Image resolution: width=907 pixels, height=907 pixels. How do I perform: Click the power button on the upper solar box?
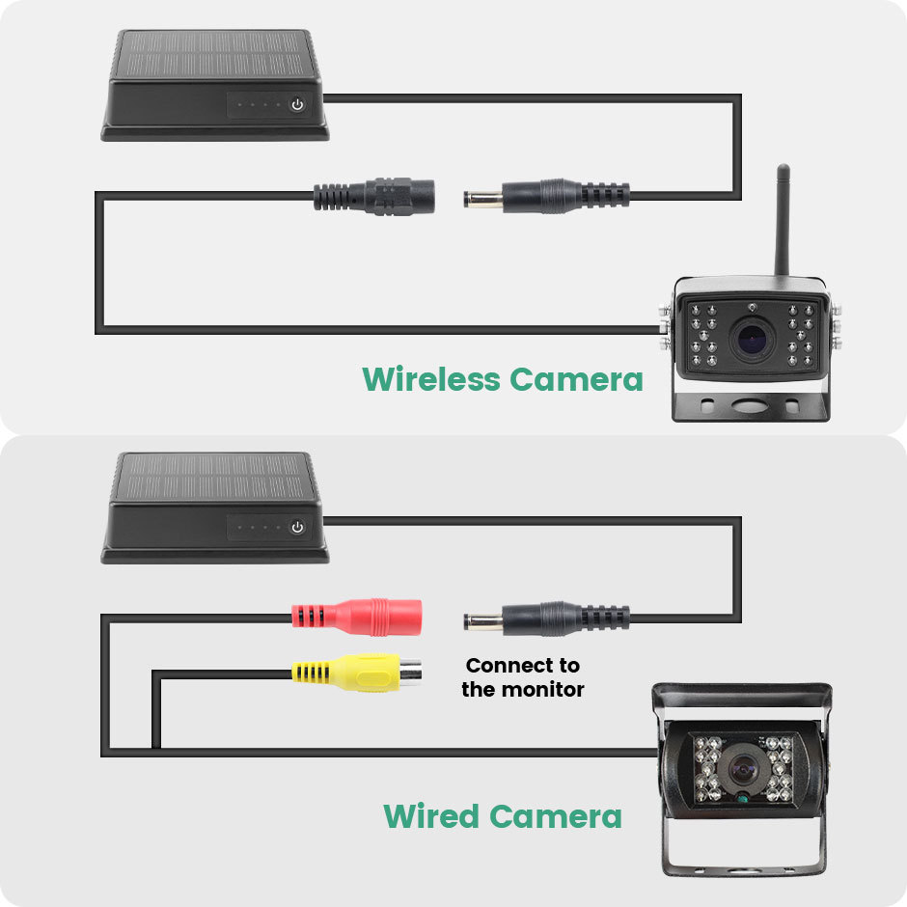tap(297, 105)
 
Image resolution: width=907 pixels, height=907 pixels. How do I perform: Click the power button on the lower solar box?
tap(297, 527)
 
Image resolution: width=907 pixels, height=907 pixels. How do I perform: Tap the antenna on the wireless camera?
tap(783, 220)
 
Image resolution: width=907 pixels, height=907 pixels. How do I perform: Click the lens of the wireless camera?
tap(752, 338)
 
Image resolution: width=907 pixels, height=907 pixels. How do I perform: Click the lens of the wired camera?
tap(743, 769)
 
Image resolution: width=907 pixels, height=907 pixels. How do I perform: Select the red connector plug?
tap(357, 618)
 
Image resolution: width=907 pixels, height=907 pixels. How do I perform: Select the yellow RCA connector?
tap(356, 673)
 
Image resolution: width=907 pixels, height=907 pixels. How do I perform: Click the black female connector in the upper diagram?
tap(374, 197)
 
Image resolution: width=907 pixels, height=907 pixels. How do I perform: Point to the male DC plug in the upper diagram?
tap(547, 197)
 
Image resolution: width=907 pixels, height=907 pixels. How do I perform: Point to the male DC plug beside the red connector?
tap(547, 618)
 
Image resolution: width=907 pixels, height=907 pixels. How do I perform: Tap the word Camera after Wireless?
tap(577, 380)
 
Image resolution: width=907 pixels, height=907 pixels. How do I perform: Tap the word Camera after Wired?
tap(556, 816)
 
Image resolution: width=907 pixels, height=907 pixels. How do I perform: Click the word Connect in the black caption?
tap(504, 665)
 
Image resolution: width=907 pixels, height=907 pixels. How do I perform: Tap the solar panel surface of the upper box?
tap(214, 55)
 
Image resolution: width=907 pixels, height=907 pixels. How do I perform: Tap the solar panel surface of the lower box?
tap(214, 478)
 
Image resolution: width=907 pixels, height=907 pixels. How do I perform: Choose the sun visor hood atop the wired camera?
tap(742, 701)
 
